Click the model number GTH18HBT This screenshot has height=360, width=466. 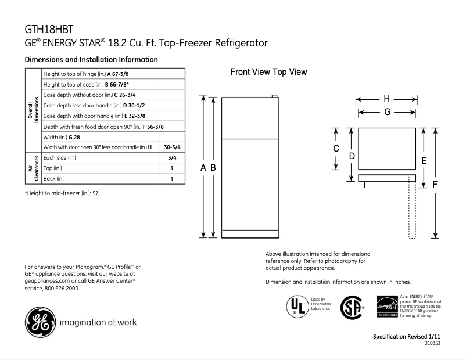[49, 28]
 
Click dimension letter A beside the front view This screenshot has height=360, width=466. [203, 167]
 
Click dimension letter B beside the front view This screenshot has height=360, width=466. [213, 167]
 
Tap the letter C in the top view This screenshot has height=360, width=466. [336, 149]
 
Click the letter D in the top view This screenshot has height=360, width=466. [352, 156]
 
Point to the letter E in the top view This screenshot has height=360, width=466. [424, 160]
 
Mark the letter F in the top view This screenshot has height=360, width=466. [435, 184]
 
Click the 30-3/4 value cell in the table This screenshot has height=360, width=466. [172, 147]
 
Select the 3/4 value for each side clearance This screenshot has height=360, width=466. [172, 158]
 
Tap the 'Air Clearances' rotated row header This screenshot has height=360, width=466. [33, 168]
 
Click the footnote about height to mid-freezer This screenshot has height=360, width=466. [62, 193]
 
